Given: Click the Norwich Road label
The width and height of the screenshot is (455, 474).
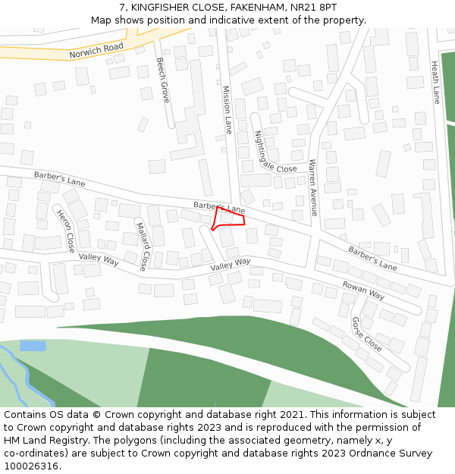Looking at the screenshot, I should point(96,52).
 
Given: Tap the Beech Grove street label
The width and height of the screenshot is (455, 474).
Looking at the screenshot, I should point(163,80).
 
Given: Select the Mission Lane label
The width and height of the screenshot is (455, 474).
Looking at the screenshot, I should point(227,109).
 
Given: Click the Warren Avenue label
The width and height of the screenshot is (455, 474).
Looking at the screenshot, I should point(313,187).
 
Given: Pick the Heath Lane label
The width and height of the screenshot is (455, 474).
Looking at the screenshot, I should point(436,83).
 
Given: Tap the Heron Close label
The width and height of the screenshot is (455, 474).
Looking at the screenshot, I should point(66,231).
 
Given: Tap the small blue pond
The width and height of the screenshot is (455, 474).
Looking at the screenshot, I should point(33,346).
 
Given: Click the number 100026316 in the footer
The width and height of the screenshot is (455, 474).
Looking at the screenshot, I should point(31,466).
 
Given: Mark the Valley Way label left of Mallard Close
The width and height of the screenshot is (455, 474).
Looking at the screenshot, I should point(99,259).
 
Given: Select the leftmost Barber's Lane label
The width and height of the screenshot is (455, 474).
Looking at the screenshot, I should point(59,179).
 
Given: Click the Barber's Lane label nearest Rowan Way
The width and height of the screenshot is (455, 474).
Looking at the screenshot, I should point(372,259).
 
